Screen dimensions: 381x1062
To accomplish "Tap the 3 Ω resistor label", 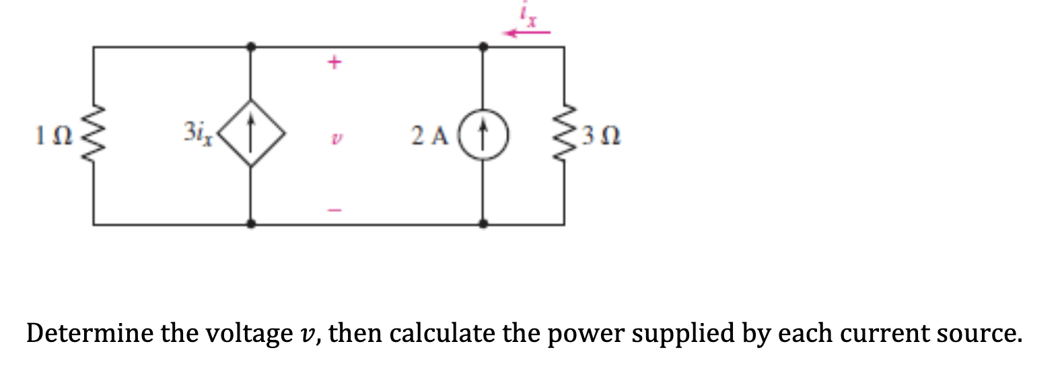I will pyautogui.click(x=600, y=137).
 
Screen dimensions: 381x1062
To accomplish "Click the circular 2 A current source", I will pyautogui.click(x=483, y=137).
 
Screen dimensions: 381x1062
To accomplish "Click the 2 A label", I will pyautogui.click(x=429, y=137).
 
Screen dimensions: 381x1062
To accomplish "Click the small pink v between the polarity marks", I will pyautogui.click(x=333, y=139).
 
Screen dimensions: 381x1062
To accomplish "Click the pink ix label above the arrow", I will pyautogui.click(x=529, y=15).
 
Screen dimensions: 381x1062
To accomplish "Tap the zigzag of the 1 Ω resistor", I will pyautogui.click(x=93, y=135).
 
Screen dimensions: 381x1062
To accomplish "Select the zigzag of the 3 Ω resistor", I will pyautogui.click(x=564, y=135).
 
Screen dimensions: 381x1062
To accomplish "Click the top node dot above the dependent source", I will pyautogui.click(x=251, y=47).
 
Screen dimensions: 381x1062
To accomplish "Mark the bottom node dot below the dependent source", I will pyautogui.click(x=251, y=223).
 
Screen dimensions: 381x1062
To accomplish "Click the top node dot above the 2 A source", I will pyautogui.click(x=483, y=47).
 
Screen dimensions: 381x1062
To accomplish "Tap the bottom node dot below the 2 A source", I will pyautogui.click(x=483, y=223).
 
